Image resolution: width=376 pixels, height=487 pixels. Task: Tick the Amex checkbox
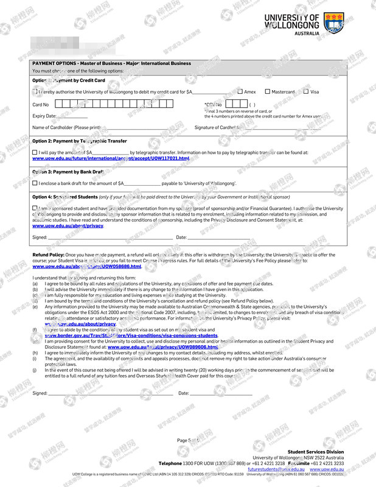click(240, 92)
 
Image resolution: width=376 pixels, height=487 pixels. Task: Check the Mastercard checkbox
click(267, 92)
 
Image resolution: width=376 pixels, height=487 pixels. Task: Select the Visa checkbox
click(305, 92)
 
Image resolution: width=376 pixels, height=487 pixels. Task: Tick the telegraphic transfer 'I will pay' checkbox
click(35, 153)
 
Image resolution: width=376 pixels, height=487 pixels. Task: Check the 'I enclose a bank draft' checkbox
click(35, 183)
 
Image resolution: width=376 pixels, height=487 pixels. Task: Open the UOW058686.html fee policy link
click(86, 267)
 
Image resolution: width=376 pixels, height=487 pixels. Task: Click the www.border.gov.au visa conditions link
click(131, 335)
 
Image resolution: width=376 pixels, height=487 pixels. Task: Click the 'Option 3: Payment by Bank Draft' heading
click(68, 172)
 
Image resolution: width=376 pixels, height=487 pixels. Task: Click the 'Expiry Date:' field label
click(44, 116)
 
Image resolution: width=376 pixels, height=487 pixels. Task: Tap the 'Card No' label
click(40, 104)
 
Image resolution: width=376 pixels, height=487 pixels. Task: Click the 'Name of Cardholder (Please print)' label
click(66, 127)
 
